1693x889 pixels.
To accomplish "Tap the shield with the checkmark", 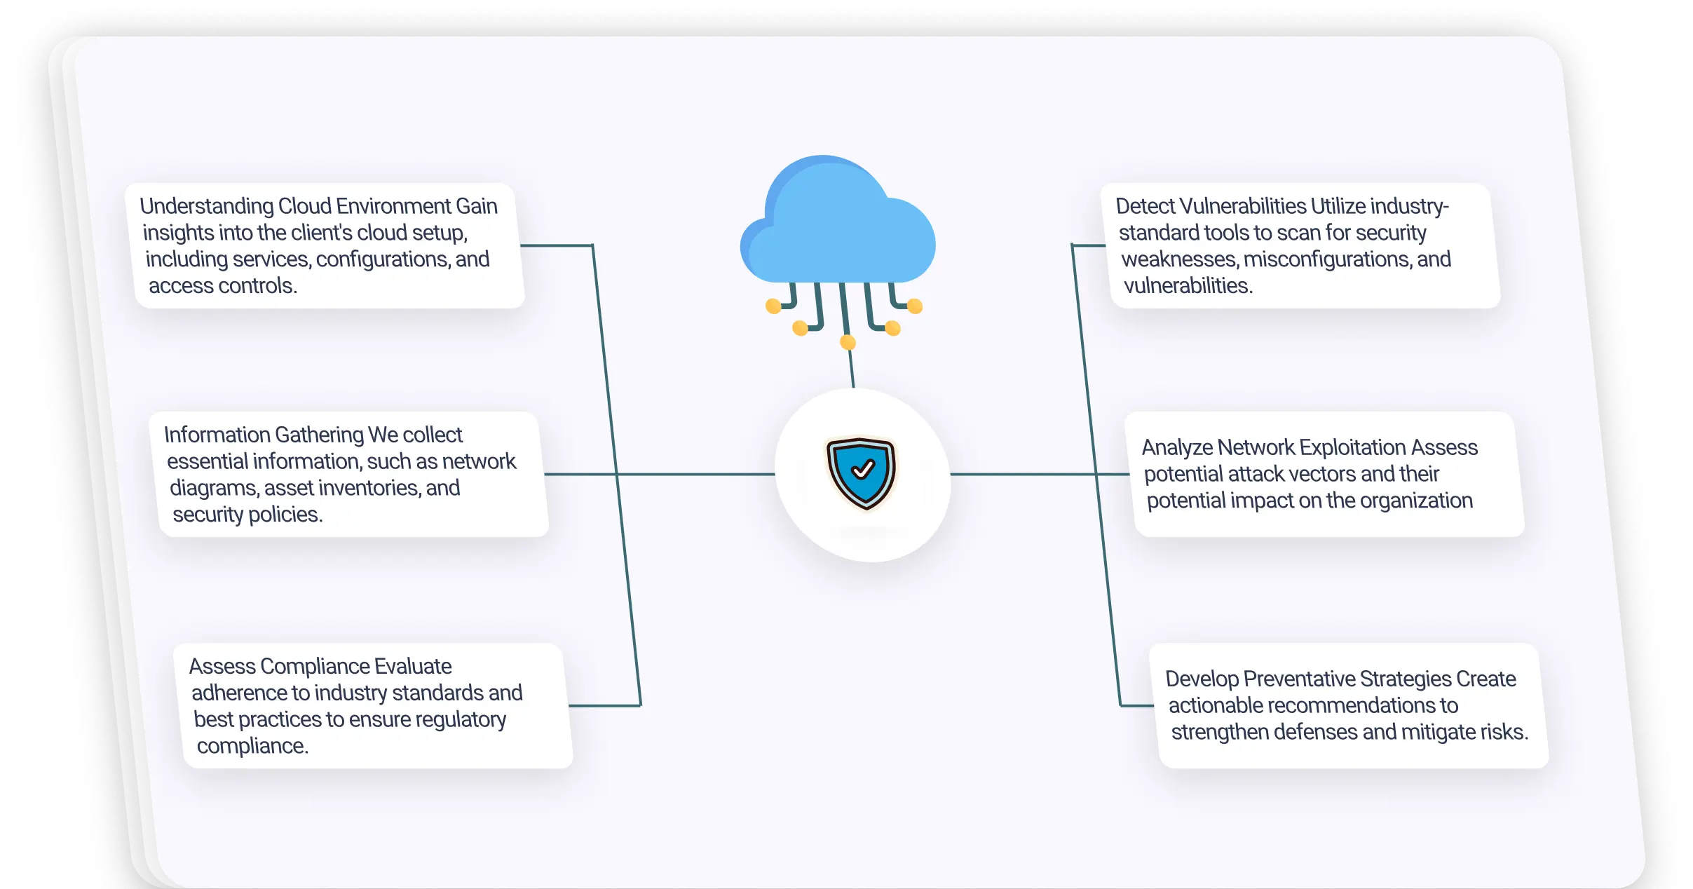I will (x=862, y=473).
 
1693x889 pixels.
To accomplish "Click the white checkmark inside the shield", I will (x=863, y=468).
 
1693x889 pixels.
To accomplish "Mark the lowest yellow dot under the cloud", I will (x=848, y=342).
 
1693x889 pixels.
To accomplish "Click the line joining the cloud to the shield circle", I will (x=851, y=368).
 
